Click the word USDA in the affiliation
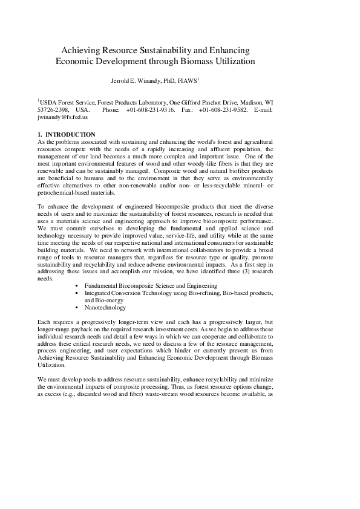pyautogui.click(x=50, y=103)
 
